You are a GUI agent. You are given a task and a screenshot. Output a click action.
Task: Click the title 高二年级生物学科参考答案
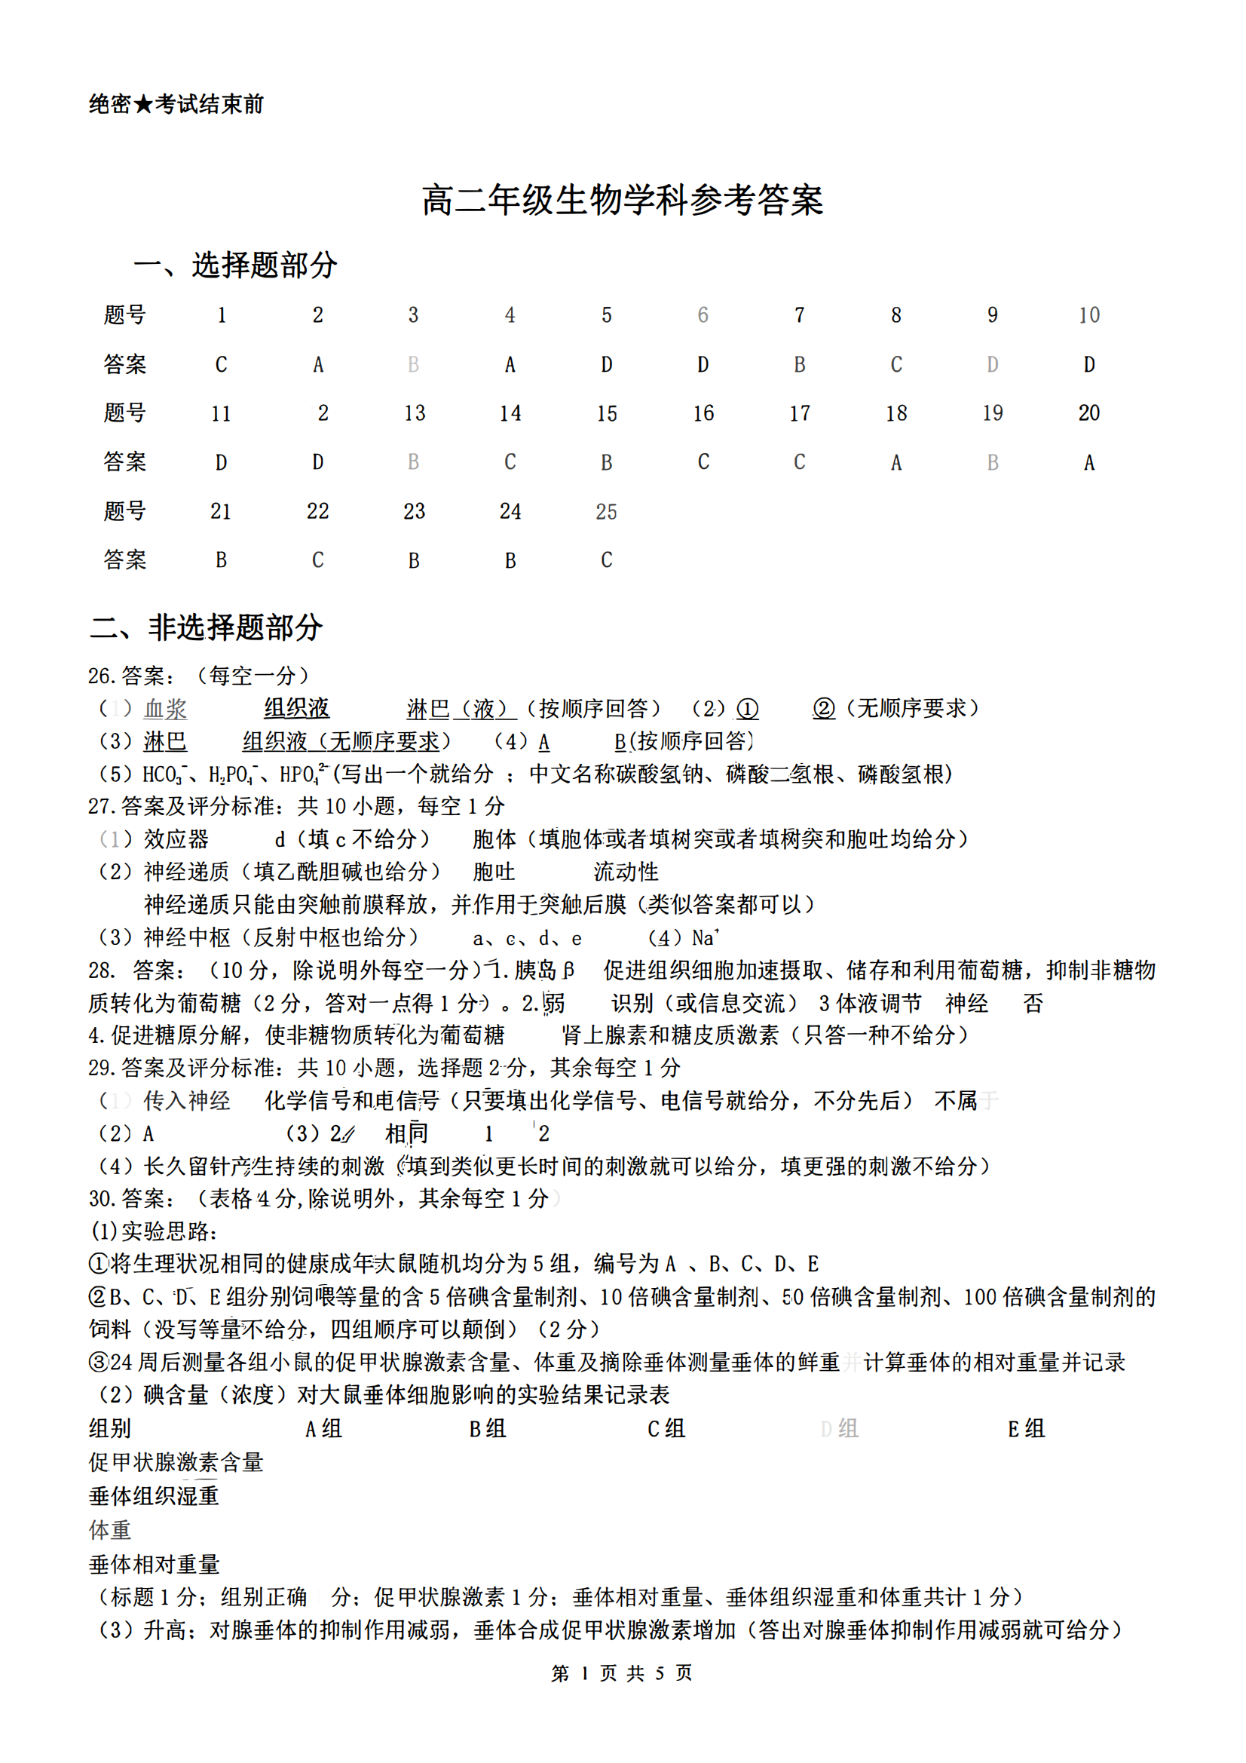[622, 201]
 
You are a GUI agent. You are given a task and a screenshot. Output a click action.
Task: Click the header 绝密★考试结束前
[176, 104]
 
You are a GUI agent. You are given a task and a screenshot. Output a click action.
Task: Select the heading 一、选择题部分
[236, 265]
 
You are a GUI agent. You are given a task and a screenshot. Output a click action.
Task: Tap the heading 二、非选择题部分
[206, 627]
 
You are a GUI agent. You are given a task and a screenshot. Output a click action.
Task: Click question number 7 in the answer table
[799, 316]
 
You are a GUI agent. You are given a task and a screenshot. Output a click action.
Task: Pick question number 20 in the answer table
[1088, 413]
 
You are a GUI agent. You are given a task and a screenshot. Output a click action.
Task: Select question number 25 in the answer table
[606, 511]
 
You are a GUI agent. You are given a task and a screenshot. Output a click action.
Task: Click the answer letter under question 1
[221, 365]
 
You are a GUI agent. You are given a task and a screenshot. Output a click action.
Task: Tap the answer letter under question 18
[896, 462]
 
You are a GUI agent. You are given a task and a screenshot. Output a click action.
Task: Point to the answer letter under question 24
[510, 560]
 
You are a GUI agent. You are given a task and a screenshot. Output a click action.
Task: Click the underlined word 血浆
[165, 709]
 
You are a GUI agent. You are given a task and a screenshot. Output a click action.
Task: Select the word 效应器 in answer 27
[176, 839]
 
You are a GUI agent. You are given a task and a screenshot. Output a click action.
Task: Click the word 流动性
[626, 872]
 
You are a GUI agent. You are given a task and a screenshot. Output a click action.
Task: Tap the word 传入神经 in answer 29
[186, 1101]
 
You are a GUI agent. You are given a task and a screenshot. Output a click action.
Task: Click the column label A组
[323, 1429]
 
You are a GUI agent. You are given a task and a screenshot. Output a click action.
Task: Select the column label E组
[1026, 1429]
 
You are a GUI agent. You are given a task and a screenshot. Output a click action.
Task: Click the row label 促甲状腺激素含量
[176, 1463]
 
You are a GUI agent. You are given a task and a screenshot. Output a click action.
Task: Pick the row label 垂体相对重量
[155, 1564]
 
